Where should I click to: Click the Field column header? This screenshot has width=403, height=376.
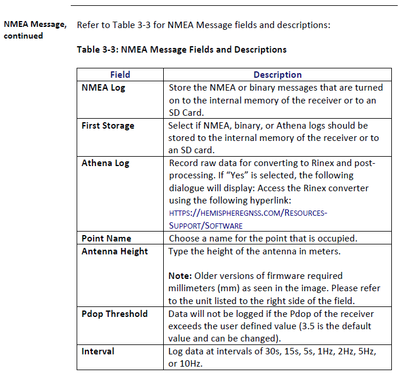120,75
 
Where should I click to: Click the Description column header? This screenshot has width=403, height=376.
277,75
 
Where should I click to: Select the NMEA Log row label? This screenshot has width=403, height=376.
103,88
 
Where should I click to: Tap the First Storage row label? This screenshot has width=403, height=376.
108,126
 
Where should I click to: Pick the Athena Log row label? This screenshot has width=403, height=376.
105,163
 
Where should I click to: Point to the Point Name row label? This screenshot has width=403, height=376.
106,239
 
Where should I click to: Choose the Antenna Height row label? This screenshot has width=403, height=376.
115,251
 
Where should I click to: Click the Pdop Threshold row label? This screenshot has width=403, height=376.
115,313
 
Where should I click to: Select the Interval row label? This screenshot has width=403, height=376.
98,351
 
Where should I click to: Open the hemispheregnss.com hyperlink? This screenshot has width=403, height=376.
247,213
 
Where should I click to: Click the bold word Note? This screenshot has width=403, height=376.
179,275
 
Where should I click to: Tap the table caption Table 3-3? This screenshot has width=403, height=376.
181,50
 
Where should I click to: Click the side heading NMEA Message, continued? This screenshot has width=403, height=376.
35,30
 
